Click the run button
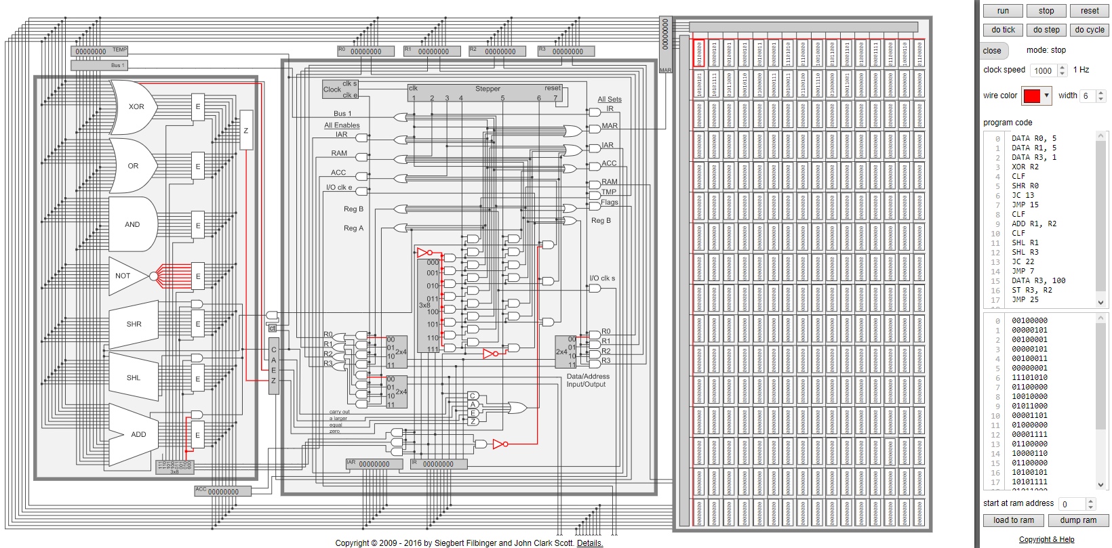tap(1003, 11)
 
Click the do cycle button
tap(1089, 30)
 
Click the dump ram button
tap(1078, 520)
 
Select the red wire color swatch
tap(1031, 96)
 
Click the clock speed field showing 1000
tap(1043, 70)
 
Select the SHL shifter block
tap(133, 378)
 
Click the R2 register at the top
tap(498, 51)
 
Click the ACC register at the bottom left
tap(222, 491)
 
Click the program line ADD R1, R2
tap(1033, 224)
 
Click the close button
tap(992, 51)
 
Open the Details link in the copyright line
tap(589, 543)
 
